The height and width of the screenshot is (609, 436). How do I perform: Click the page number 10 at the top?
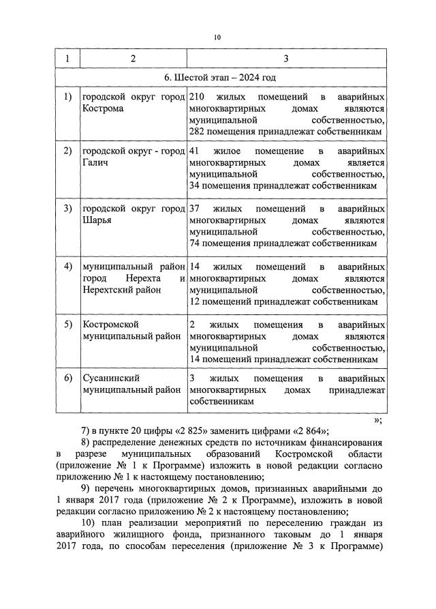click(x=217, y=38)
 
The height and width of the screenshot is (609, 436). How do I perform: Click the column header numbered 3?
click(x=286, y=59)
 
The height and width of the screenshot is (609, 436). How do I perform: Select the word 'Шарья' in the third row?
click(x=95, y=220)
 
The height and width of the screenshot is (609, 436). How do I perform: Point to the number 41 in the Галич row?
click(x=195, y=151)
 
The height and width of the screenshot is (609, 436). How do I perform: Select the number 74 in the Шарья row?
click(x=196, y=243)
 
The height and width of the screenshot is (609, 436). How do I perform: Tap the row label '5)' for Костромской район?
click(x=67, y=324)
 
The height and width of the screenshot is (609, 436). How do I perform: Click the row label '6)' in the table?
click(x=67, y=378)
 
